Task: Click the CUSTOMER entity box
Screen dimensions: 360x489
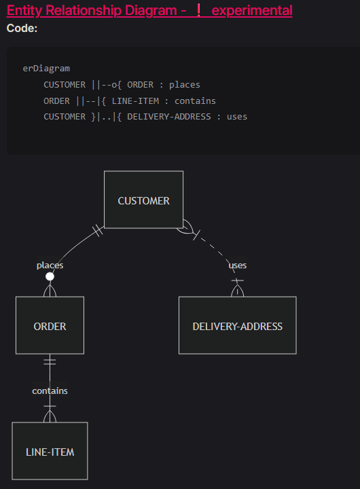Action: click(143, 200)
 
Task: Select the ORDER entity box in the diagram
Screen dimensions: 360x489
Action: click(50, 325)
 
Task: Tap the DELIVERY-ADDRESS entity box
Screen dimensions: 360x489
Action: click(238, 325)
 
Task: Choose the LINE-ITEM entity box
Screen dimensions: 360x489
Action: click(50, 451)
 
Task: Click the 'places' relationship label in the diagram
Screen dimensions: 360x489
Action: click(50, 266)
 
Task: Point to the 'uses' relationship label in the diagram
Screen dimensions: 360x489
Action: click(238, 266)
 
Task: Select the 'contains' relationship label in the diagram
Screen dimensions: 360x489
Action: click(50, 391)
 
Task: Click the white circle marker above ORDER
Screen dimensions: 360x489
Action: click(50, 276)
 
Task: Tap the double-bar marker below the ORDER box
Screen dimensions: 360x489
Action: click(50, 362)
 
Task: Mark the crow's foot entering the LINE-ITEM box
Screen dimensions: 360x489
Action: click(50, 416)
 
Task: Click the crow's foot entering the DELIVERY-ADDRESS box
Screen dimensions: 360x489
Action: click(238, 291)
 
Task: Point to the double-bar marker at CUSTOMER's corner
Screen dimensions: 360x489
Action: click(98, 230)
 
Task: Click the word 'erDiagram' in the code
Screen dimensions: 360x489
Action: click(46, 69)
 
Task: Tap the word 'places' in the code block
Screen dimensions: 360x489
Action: click(185, 85)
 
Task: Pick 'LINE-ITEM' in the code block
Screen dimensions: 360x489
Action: click(135, 101)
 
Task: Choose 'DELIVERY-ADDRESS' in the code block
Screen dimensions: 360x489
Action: click(169, 117)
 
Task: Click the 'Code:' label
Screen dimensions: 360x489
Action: click(22, 29)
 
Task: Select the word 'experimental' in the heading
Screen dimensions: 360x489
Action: click(252, 10)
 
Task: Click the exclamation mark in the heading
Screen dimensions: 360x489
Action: click(199, 10)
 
